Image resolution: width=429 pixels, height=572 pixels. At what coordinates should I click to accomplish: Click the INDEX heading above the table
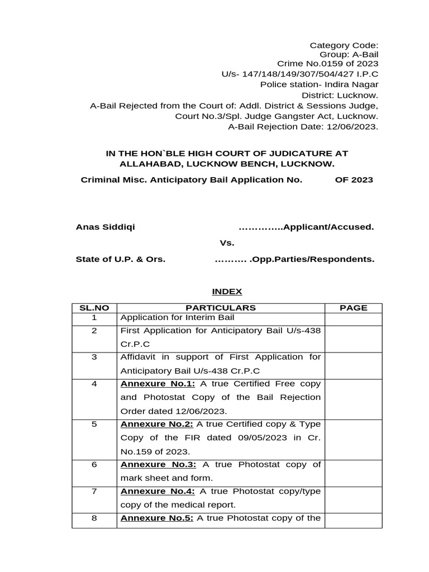point(226,292)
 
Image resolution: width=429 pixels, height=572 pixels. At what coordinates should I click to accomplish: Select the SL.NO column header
point(94,308)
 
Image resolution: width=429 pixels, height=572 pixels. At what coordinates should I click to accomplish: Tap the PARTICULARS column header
point(221,308)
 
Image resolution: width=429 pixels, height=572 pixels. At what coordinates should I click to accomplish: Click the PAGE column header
point(353,308)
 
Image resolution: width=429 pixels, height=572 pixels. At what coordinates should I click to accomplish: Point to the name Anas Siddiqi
point(105,227)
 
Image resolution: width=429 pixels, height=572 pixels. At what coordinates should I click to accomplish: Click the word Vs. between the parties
point(226,243)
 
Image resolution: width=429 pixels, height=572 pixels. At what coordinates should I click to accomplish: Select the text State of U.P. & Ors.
point(120,259)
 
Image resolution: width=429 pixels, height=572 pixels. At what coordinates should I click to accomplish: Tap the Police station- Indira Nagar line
point(319,85)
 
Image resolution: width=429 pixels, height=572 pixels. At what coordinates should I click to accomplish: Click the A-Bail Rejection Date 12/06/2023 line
point(303,127)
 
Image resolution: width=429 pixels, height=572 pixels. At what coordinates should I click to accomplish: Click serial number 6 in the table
point(94,465)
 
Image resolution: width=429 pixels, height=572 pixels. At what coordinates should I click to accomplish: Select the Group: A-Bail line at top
point(349,54)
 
